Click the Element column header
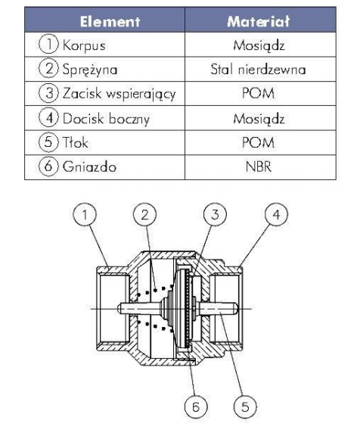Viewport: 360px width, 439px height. click(x=110, y=21)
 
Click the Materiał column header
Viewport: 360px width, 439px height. click(x=258, y=21)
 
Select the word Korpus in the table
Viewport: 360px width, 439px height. click(x=84, y=45)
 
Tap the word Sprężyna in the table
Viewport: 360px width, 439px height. click(x=90, y=70)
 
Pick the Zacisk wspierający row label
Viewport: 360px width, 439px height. click(x=119, y=94)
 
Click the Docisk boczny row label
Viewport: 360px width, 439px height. click(x=106, y=118)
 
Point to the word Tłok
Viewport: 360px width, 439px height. click(x=75, y=142)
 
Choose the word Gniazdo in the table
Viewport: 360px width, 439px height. click(x=89, y=167)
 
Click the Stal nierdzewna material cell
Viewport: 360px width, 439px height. click(x=258, y=70)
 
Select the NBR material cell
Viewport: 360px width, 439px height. click(x=259, y=167)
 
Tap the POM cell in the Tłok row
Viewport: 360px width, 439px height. click(x=258, y=142)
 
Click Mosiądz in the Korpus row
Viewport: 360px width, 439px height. click(x=259, y=45)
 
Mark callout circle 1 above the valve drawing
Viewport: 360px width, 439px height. click(x=85, y=214)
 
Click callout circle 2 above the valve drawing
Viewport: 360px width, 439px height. click(x=144, y=214)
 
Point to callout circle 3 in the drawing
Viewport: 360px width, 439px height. click(x=215, y=214)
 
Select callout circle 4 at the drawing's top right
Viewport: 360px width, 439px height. click(x=276, y=214)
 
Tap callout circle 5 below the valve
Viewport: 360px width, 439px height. click(x=245, y=406)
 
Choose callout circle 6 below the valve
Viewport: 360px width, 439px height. click(x=196, y=406)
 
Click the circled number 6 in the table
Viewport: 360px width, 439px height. click(x=48, y=166)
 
